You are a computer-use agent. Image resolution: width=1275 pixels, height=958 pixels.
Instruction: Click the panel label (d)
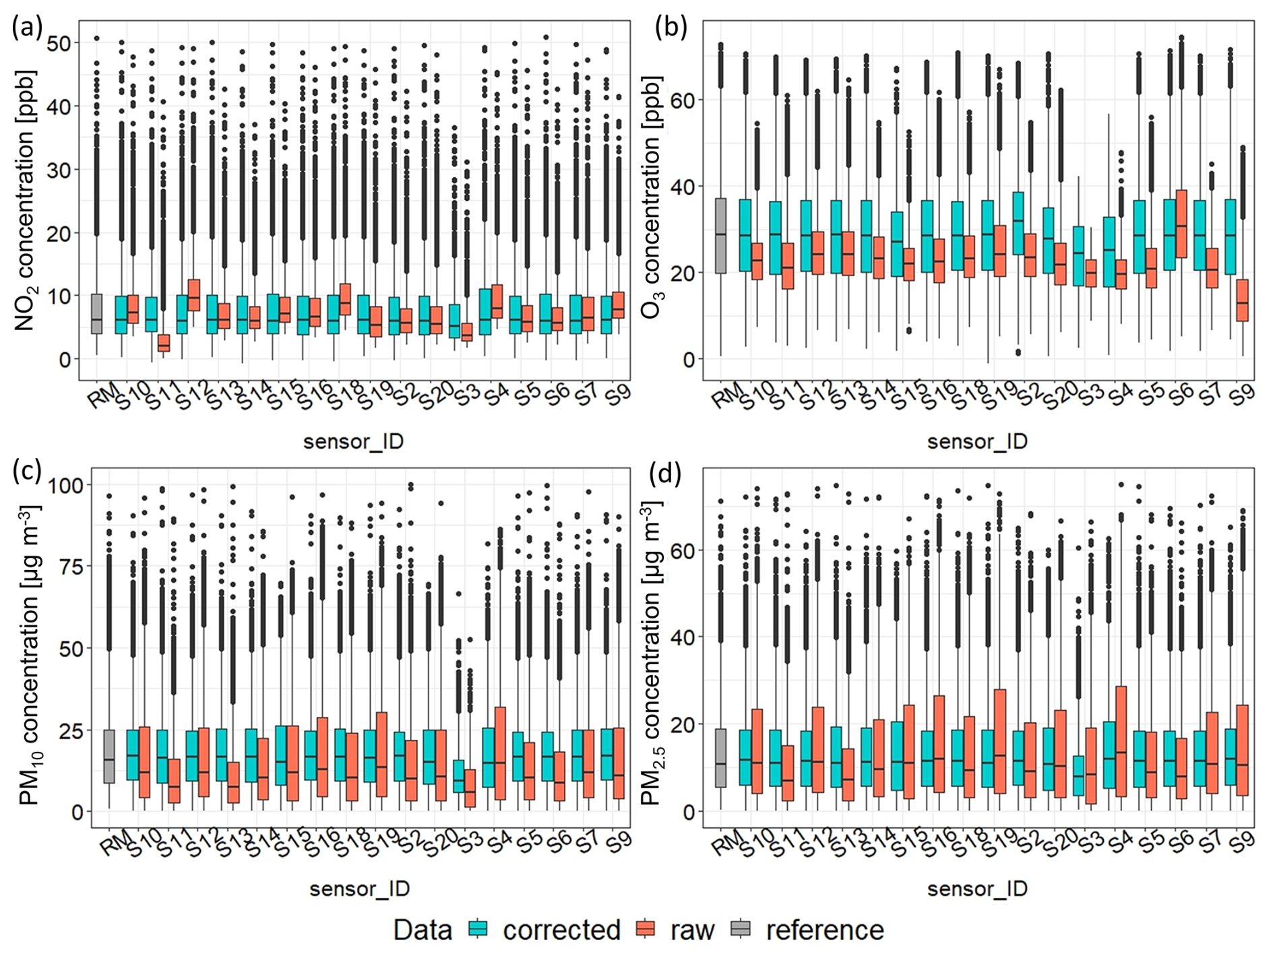[x=664, y=474]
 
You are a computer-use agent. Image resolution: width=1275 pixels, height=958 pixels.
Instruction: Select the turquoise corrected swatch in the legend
[x=478, y=929]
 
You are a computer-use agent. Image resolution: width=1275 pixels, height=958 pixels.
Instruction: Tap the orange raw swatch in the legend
[x=646, y=929]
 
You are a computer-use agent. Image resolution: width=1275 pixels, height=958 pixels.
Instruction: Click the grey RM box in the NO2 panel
[x=96, y=314]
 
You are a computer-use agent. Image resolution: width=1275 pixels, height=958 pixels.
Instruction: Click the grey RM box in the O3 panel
[x=720, y=236]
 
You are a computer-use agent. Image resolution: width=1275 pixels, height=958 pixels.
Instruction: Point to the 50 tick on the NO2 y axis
[x=59, y=43]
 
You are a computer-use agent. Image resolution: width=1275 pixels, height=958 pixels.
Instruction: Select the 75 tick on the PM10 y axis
[x=65, y=567]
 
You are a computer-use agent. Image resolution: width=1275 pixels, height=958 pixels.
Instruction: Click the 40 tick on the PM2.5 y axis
[x=684, y=637]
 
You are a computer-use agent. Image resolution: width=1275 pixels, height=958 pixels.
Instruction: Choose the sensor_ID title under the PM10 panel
[x=359, y=889]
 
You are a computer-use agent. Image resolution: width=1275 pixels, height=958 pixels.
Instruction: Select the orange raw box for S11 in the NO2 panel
[x=163, y=343]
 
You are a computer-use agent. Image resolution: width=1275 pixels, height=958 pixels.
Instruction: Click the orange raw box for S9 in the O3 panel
[x=1243, y=300]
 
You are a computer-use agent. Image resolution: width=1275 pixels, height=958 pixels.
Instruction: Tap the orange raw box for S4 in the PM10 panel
[x=500, y=753]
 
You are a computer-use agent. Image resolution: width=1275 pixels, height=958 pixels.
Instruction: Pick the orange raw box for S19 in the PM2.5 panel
[x=999, y=741]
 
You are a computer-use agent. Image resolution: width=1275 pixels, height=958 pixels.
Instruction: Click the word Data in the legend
[x=423, y=930]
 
